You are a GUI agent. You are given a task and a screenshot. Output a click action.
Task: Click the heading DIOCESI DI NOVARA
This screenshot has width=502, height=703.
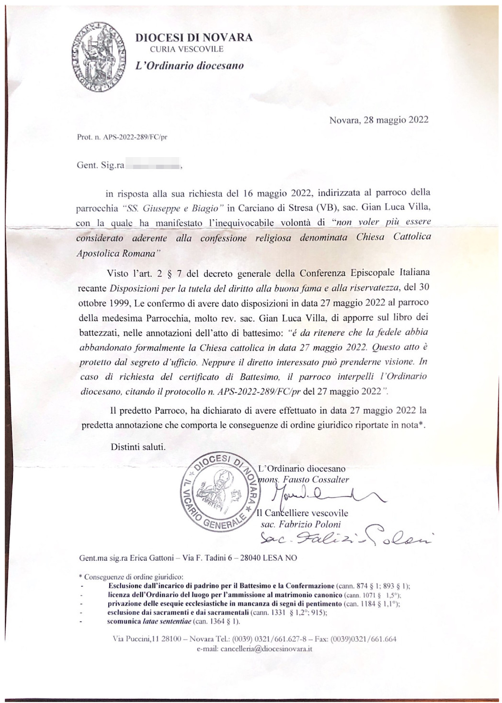(194, 38)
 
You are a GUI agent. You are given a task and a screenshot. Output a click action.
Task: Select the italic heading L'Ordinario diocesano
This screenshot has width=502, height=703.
(189, 66)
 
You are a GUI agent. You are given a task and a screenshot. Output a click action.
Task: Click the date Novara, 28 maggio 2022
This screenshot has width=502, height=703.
(378, 120)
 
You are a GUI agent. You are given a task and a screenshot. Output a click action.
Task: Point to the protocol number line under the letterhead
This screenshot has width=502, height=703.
(122, 137)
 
